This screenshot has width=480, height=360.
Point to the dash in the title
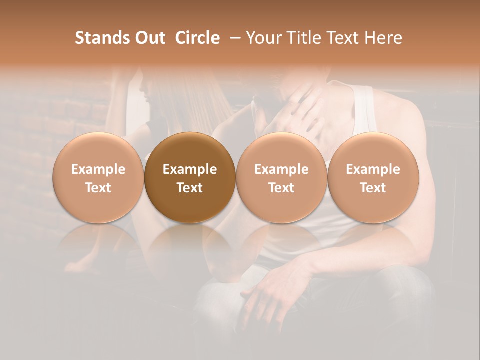(x=233, y=38)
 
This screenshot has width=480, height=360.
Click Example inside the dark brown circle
(x=190, y=169)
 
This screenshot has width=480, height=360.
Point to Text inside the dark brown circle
(x=190, y=188)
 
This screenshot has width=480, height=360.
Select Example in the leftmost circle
(x=98, y=169)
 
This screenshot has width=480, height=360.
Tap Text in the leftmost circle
(x=98, y=188)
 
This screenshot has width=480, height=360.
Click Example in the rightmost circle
(x=373, y=169)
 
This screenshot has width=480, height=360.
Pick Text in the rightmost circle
(x=373, y=188)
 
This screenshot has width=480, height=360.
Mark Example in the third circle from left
(x=281, y=169)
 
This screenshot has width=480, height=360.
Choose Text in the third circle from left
(x=281, y=188)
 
